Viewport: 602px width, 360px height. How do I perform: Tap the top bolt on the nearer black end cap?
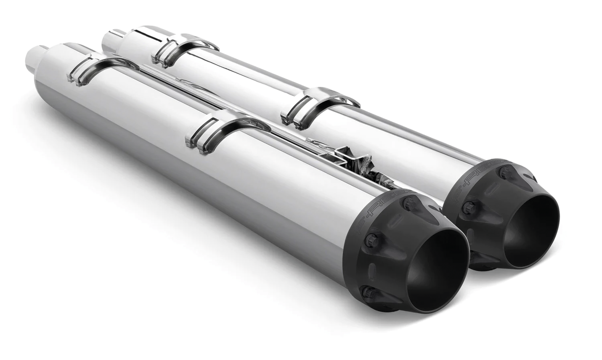pyautogui.click(x=409, y=203)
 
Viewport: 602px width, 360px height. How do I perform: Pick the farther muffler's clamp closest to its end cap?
pyautogui.click(x=320, y=106)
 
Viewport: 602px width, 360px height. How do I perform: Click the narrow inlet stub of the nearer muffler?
pyautogui.click(x=36, y=59)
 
